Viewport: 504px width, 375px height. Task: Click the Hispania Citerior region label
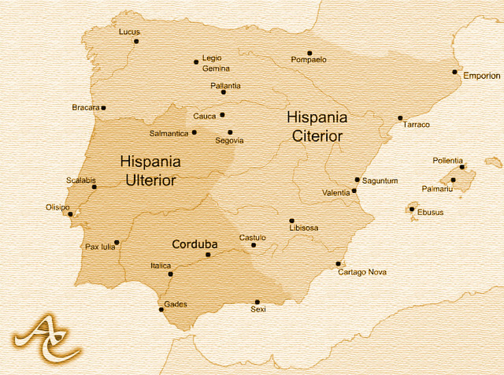(317, 126)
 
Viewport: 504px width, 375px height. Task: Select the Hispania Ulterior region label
(150, 170)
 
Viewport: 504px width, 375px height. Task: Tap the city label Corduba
(195, 244)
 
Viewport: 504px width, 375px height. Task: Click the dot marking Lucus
(136, 41)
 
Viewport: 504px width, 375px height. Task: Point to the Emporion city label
(481, 76)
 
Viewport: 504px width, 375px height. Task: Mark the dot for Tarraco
(400, 118)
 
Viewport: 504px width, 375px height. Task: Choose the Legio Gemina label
(217, 63)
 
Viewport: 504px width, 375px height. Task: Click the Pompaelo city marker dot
(309, 53)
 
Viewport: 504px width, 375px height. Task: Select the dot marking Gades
(163, 311)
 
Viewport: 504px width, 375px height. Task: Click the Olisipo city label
(58, 207)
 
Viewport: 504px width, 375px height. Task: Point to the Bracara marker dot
(103, 108)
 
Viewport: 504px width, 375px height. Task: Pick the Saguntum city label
(380, 181)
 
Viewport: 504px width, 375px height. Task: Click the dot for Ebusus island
(411, 210)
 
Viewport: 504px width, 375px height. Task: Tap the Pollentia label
(447, 161)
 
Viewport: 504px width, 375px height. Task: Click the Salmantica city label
(169, 133)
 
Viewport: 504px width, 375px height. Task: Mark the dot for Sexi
(257, 302)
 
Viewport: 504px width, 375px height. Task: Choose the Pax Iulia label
(100, 247)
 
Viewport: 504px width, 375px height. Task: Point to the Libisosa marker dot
(291, 221)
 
